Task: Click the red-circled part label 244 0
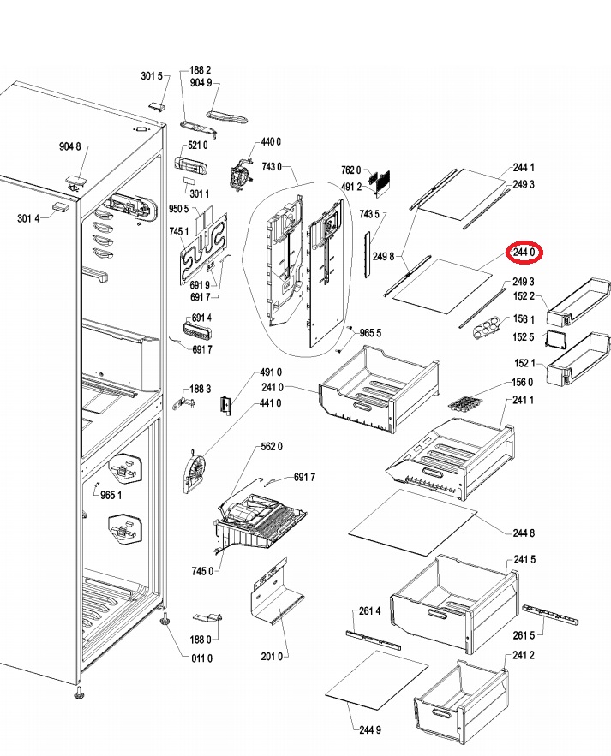click(524, 253)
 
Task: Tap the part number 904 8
click(70, 146)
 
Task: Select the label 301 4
click(28, 218)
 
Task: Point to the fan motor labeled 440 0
click(240, 173)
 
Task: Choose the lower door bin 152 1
click(578, 359)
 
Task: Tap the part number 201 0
click(272, 656)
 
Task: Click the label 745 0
click(202, 571)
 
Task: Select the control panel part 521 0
click(190, 166)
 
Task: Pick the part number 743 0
click(272, 167)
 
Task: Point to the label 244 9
click(370, 730)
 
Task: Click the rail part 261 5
click(549, 613)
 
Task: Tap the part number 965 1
click(111, 495)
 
